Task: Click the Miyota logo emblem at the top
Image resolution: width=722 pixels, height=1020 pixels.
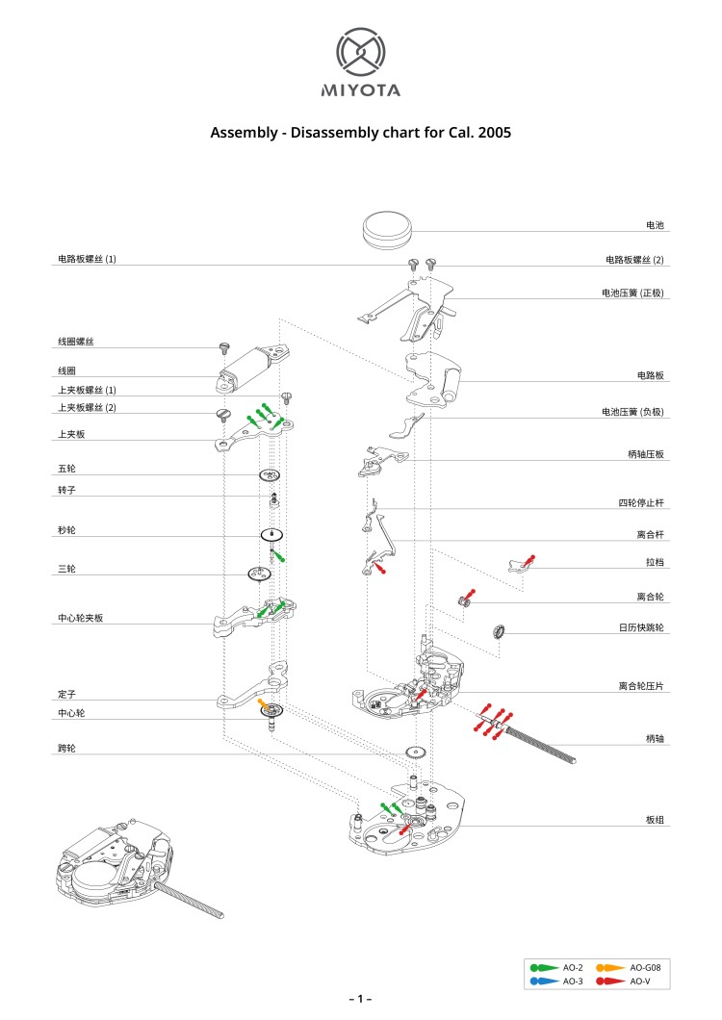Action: pyautogui.click(x=361, y=53)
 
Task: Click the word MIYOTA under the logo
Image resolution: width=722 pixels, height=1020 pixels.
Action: pyautogui.click(x=361, y=91)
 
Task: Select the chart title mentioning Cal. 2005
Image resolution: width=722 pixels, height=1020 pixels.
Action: pyautogui.click(x=361, y=132)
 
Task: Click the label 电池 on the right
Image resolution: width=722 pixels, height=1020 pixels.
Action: pyautogui.click(x=655, y=224)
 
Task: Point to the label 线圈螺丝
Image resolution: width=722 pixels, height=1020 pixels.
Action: pyautogui.click(x=75, y=342)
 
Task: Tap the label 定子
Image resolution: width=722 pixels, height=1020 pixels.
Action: pyautogui.click(x=65, y=693)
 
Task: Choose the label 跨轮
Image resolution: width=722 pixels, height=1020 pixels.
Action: pyautogui.click(x=65, y=747)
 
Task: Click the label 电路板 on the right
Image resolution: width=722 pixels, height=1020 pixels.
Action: pyautogui.click(x=651, y=374)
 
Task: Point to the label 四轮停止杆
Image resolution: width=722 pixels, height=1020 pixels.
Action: pyautogui.click(x=641, y=502)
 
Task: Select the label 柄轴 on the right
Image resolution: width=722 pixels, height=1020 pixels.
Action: pyautogui.click(x=655, y=738)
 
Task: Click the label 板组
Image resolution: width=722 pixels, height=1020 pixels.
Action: pyautogui.click(x=655, y=820)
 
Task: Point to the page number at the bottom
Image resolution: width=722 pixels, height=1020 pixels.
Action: pyautogui.click(x=360, y=999)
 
